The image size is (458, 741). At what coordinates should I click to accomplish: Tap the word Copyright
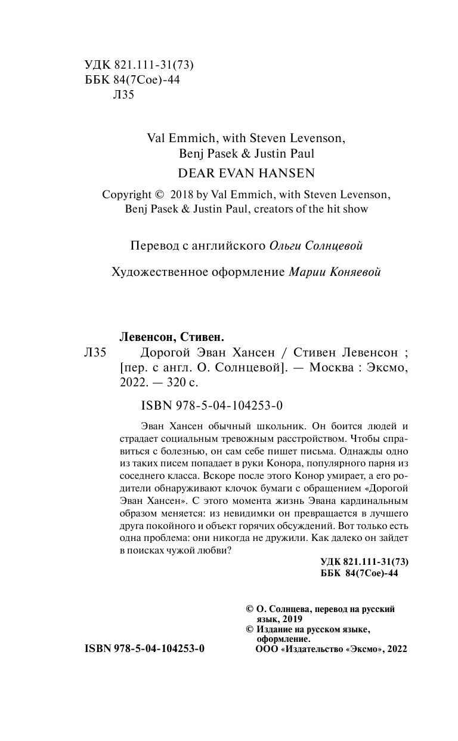click(x=126, y=195)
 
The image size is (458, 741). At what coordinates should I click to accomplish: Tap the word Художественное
click(x=158, y=272)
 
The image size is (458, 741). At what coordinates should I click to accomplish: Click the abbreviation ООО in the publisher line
click(x=266, y=649)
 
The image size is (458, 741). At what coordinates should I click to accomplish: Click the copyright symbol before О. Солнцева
click(x=250, y=610)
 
